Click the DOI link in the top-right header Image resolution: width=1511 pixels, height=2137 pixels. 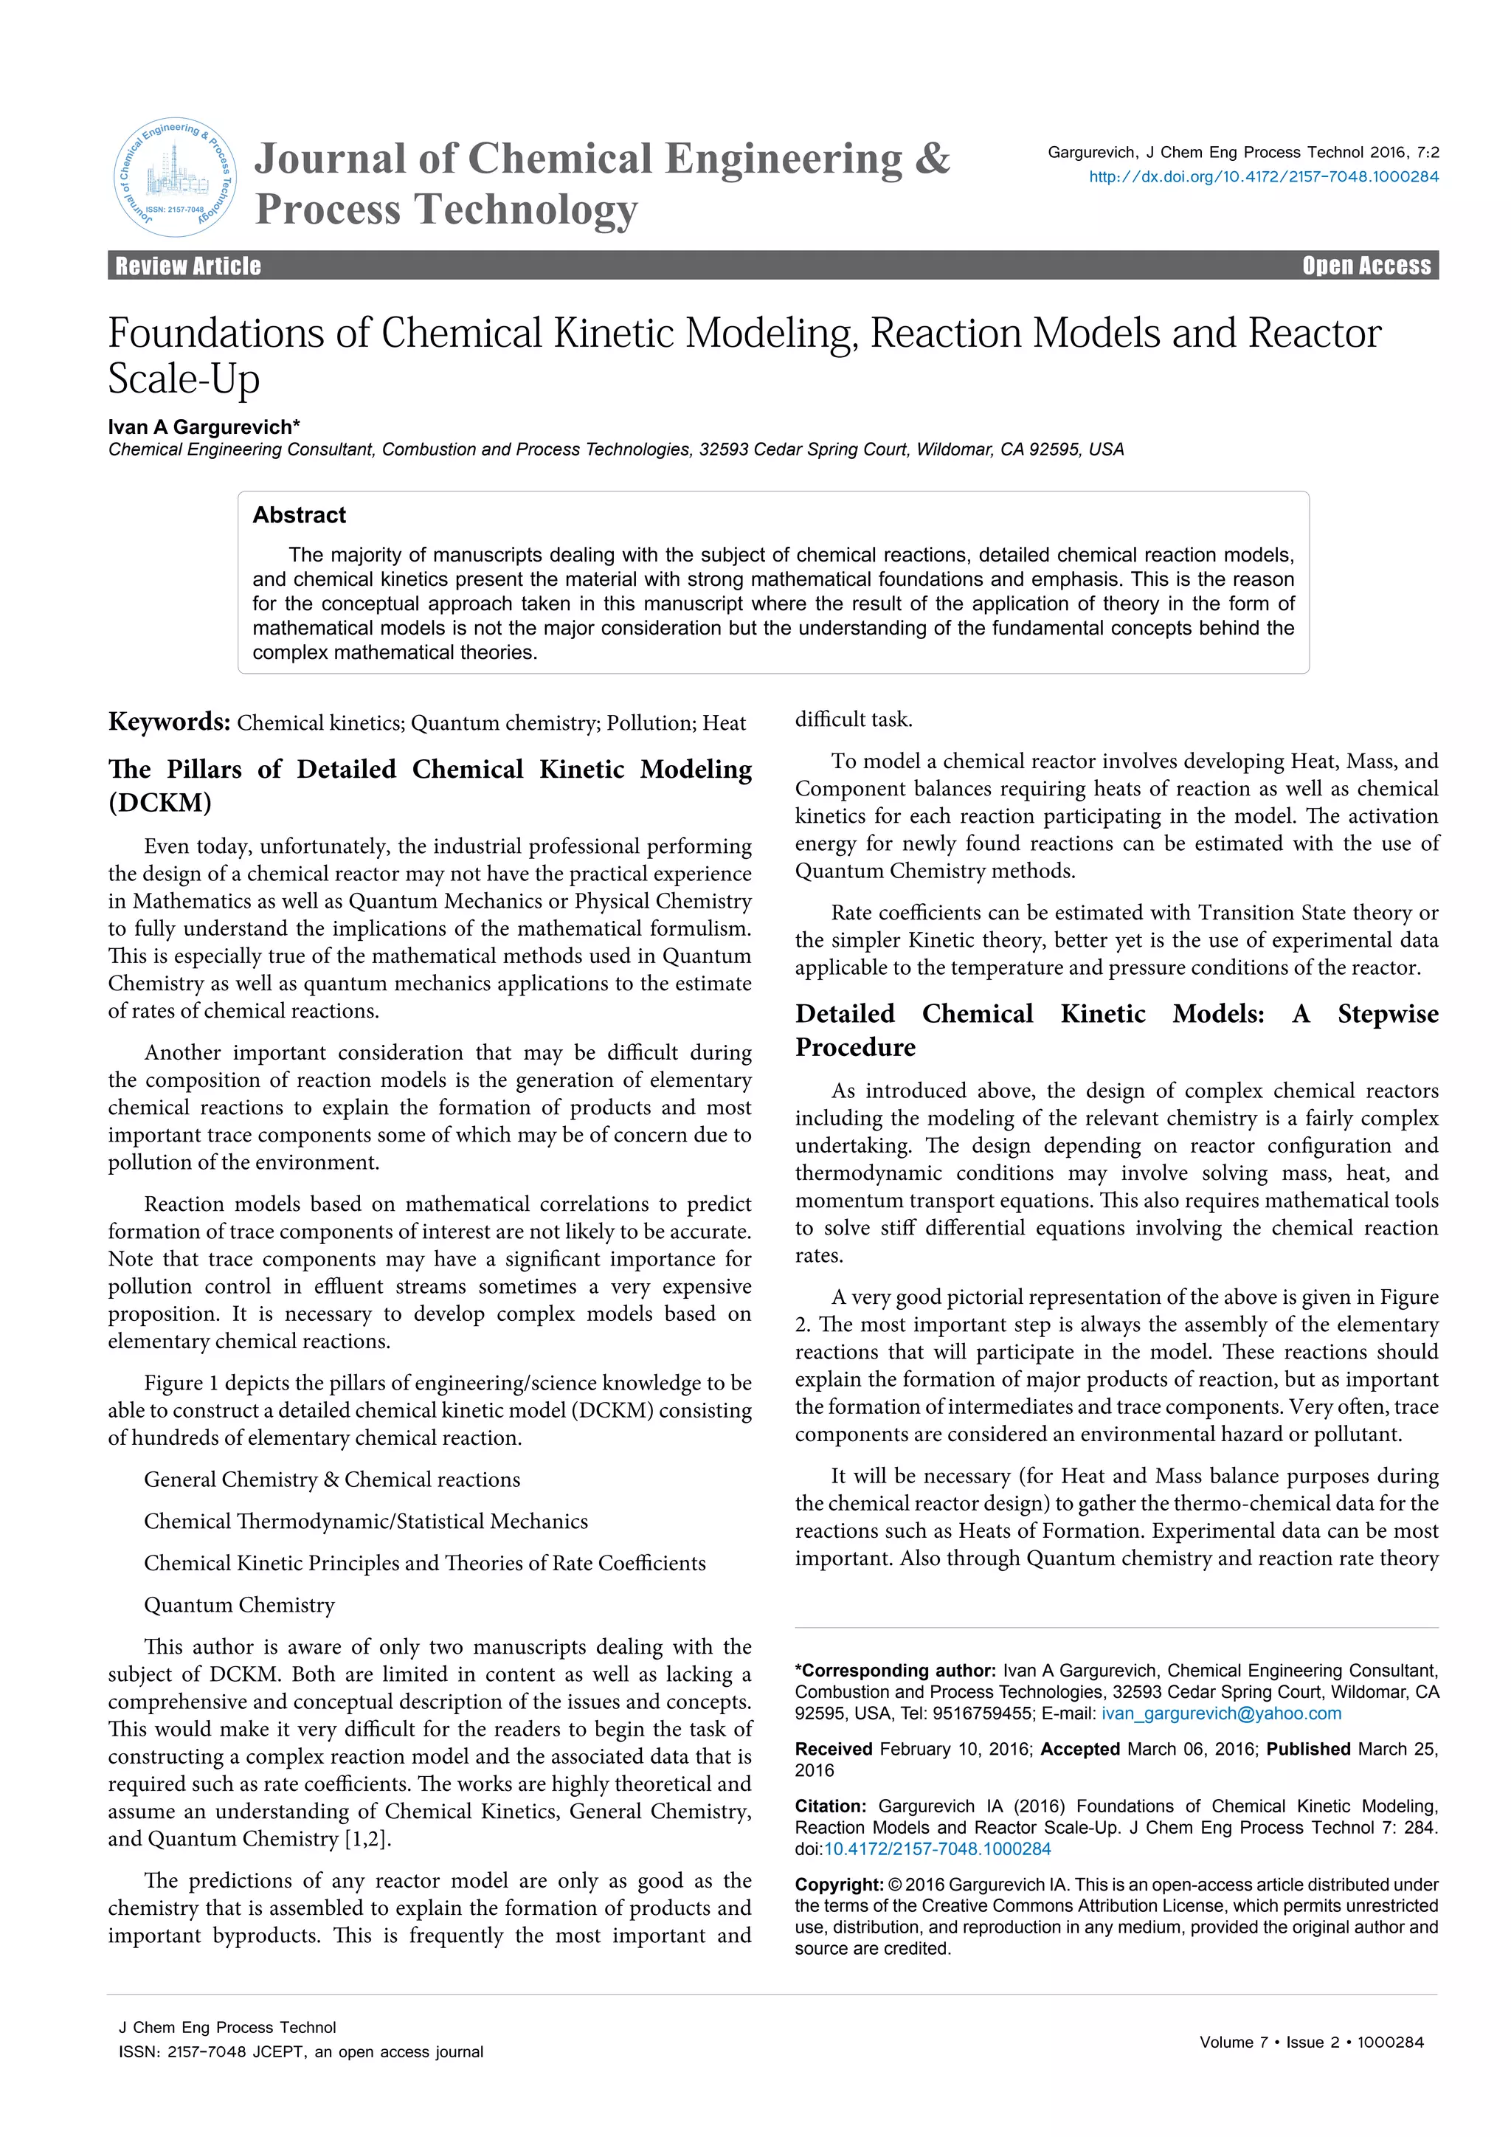(x=1264, y=177)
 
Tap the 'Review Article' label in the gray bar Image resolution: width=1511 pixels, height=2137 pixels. (x=188, y=266)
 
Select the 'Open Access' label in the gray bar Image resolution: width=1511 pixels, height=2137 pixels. (x=1366, y=266)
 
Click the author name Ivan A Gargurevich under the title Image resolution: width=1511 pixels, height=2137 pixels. (x=203, y=427)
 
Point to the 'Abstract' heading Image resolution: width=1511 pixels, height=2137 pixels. (x=299, y=515)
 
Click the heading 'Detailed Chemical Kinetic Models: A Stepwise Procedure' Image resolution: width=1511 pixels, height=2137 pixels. (x=1116, y=1030)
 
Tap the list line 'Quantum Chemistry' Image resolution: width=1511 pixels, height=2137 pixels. (x=239, y=1605)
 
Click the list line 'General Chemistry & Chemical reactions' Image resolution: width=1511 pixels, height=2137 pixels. (x=331, y=1480)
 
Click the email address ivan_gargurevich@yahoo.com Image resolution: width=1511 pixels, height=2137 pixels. (x=1221, y=1713)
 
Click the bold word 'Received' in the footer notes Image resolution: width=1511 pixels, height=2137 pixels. (x=833, y=1749)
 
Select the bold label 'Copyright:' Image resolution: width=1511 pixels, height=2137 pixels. (x=838, y=1885)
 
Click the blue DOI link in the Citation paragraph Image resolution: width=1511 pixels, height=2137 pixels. (x=937, y=1849)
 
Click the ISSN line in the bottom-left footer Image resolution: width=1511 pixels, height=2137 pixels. (x=300, y=2051)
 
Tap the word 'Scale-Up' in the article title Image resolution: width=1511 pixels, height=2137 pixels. (x=183, y=379)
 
